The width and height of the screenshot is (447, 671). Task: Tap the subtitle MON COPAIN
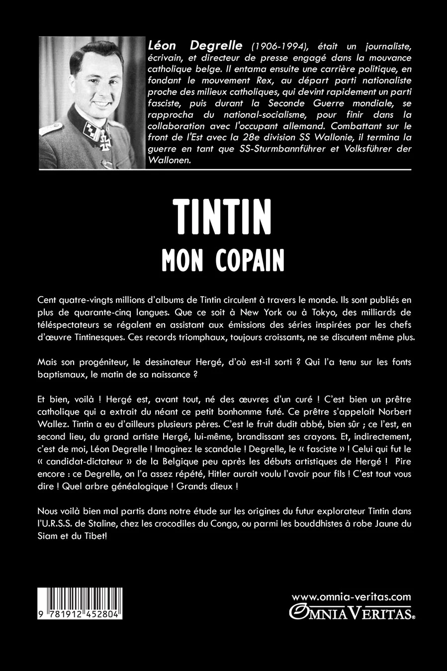tap(223, 259)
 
